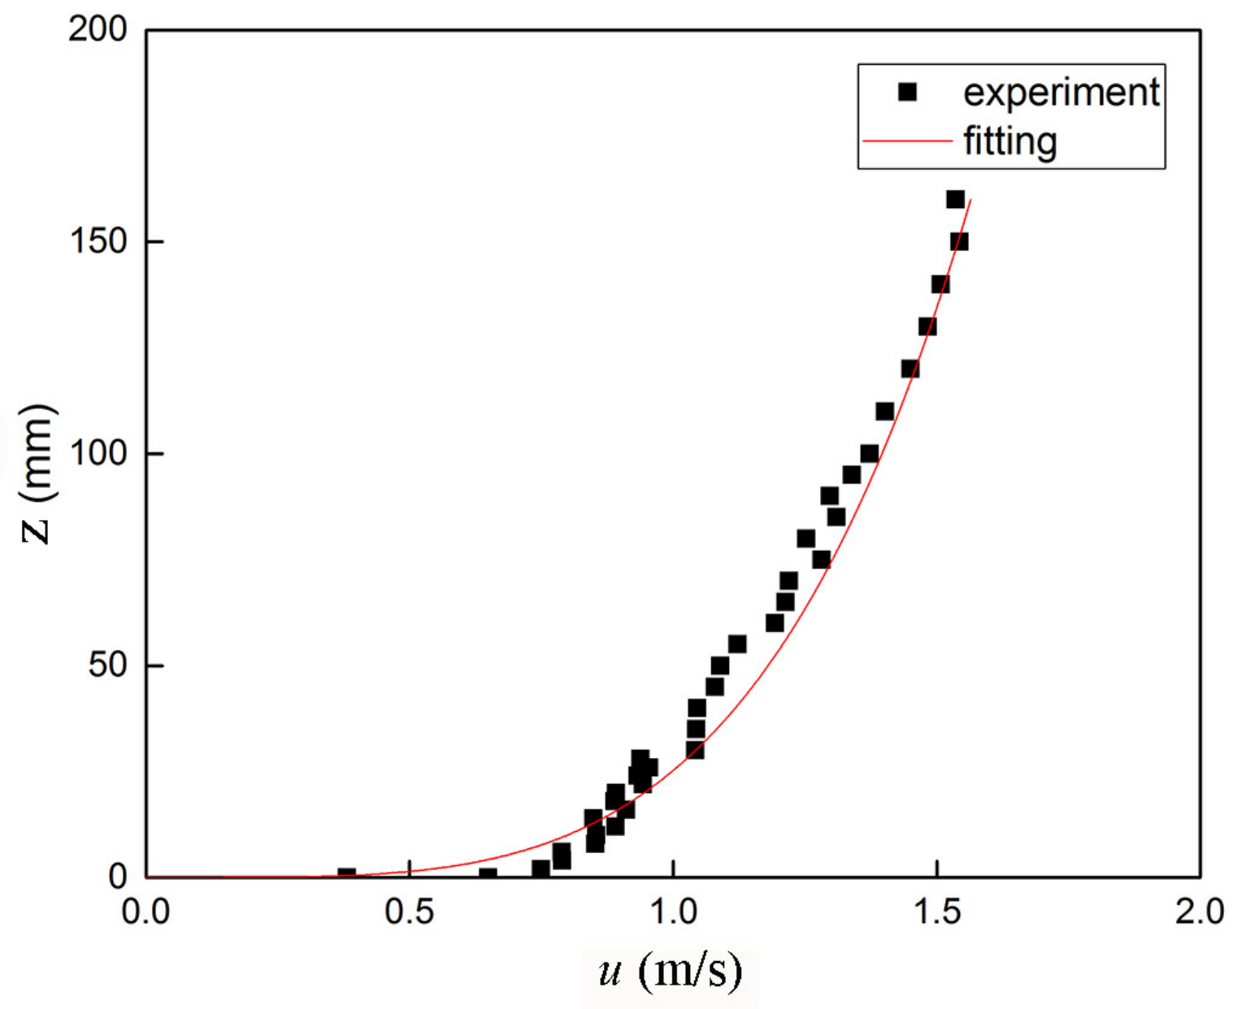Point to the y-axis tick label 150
tap(98, 241)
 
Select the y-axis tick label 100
tap(98, 453)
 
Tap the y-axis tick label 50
tap(108, 665)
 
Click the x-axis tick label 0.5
tap(410, 912)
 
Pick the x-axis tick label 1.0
tap(674, 912)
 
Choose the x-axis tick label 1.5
tap(937, 912)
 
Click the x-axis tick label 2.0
tap(1200, 912)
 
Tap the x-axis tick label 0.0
tap(146, 912)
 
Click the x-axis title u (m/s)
tap(671, 970)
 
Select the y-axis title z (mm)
tap(37, 474)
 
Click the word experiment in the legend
tap(1061, 93)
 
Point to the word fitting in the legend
tap(1010, 141)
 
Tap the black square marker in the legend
tap(907, 92)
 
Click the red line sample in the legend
tap(907, 141)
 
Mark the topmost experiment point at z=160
tap(955, 199)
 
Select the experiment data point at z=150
tap(959, 241)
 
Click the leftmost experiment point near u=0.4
tap(347, 875)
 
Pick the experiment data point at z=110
tap(884, 411)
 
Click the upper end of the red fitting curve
tap(970, 200)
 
